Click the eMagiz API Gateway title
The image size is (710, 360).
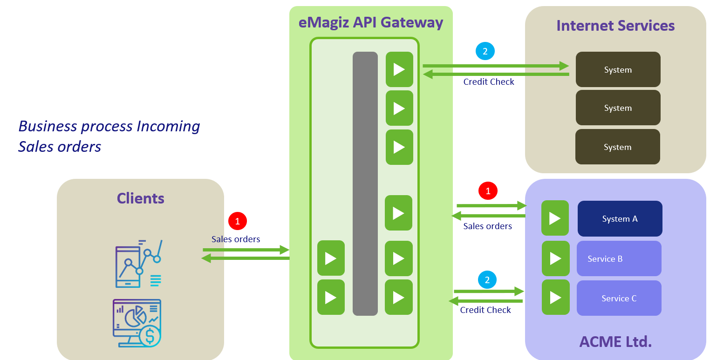point(371,22)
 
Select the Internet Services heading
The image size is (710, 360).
point(615,25)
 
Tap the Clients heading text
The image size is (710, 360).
point(140,198)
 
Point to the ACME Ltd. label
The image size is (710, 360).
point(615,341)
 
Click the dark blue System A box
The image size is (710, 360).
point(620,219)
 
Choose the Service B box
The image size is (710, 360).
point(619,258)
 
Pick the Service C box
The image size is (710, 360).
point(619,298)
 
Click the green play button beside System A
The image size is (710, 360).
point(555,218)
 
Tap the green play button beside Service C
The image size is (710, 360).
point(555,297)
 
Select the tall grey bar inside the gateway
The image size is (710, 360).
point(365,183)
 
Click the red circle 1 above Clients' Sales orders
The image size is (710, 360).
point(238,221)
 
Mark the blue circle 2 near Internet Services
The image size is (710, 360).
point(485,51)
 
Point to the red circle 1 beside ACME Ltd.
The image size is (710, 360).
point(488,191)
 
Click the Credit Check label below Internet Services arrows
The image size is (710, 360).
point(489,82)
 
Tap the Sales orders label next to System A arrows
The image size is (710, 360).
point(487,226)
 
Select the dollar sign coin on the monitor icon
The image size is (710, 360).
point(150,336)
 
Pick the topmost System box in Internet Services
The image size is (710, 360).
point(618,69)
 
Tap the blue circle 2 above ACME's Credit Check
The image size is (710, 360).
point(487,280)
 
